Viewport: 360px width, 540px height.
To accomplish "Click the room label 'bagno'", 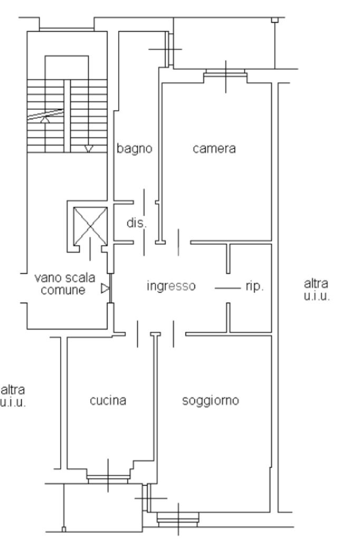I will pos(134,149).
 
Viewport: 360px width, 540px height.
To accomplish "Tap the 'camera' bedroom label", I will pos(214,149).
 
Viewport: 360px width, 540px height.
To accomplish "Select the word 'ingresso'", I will pos(171,286).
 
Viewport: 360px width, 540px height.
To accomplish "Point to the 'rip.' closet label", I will pos(255,287).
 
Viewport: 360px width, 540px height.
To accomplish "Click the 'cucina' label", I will pos(108,401).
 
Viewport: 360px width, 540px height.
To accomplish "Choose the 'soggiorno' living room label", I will pos(210,401).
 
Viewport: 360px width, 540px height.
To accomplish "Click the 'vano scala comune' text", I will pos(64,283).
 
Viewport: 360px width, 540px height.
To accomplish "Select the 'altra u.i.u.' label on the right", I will pos(317,290).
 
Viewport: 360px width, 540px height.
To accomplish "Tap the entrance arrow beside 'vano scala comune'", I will pos(105,288).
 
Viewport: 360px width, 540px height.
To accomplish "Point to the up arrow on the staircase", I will pos(46,119).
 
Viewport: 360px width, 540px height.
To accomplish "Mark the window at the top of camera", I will pos(226,74).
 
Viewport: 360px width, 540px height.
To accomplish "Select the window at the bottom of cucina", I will pos(108,478).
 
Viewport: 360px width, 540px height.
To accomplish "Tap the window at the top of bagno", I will pos(168,49).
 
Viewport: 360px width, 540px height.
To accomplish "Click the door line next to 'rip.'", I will pos(227,288).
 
